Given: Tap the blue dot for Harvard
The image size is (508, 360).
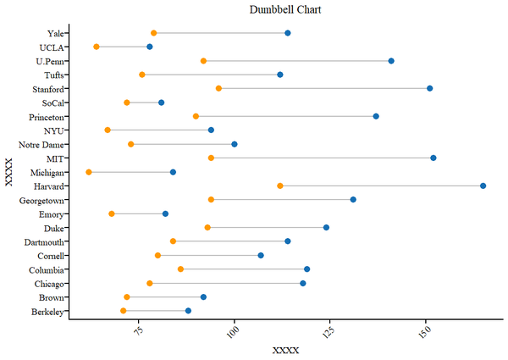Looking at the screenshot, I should point(483,186).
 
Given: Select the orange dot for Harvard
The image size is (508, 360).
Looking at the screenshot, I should point(280,186).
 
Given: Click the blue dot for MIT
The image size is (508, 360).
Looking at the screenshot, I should point(433,158).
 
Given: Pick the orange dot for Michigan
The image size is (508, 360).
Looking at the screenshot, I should point(89,172).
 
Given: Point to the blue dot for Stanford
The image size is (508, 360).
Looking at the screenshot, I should point(429,88).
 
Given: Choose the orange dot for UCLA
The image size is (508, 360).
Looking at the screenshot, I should point(97,47).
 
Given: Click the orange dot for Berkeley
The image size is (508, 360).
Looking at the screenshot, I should point(124,311).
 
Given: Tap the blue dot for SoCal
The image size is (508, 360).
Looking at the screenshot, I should point(162,102).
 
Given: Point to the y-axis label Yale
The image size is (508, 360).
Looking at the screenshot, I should point(58,33).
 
